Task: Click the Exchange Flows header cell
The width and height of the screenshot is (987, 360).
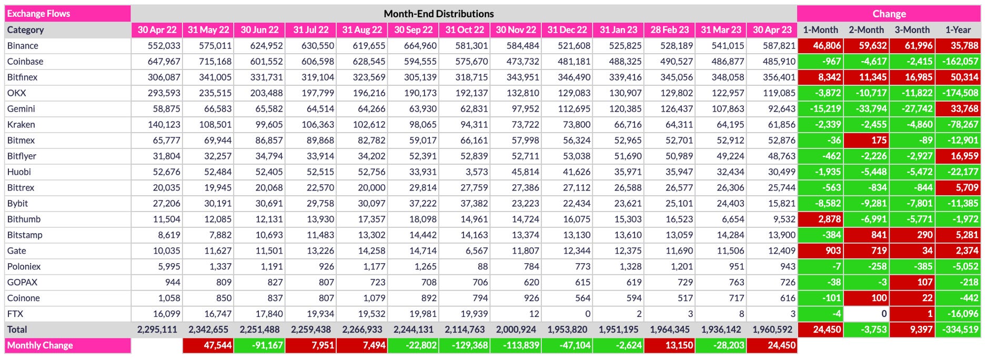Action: coord(67,14)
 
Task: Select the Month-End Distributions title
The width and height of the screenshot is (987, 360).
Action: coord(438,14)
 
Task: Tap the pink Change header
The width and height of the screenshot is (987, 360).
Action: coord(889,14)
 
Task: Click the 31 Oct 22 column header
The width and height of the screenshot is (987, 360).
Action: coord(465,30)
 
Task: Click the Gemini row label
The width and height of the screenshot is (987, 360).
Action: coord(21,109)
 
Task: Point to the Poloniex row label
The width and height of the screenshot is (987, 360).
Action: coord(24,267)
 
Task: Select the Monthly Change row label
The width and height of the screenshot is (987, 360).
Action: coord(40,346)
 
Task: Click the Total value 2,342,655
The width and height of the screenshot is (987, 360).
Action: coord(208,330)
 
